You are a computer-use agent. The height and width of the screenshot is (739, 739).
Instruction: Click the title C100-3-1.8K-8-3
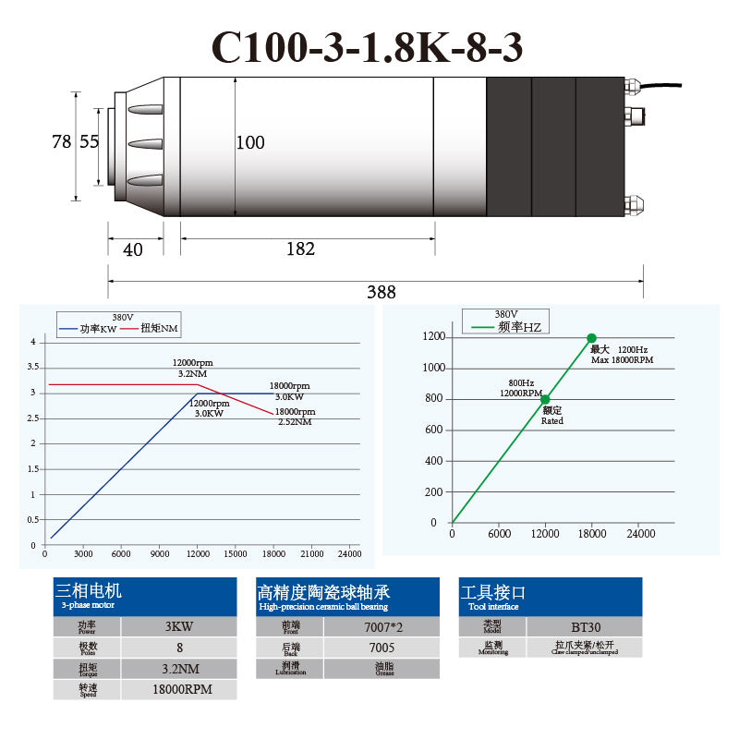[x=369, y=46]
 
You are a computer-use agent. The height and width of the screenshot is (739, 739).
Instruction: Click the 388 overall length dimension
[x=381, y=292]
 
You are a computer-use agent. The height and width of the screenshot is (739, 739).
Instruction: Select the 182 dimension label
[x=300, y=248]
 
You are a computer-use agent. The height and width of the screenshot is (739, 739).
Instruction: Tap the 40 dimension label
[x=133, y=249]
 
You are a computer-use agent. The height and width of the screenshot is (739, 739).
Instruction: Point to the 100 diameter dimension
[x=249, y=142]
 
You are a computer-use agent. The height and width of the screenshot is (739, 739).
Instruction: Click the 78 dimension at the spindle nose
[x=61, y=142]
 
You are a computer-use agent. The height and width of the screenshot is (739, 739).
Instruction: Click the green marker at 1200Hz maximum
[x=591, y=338]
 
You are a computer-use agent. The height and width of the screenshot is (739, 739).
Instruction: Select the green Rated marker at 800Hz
[x=545, y=399]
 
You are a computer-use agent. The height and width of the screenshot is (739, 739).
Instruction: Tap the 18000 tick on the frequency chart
[x=592, y=534]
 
